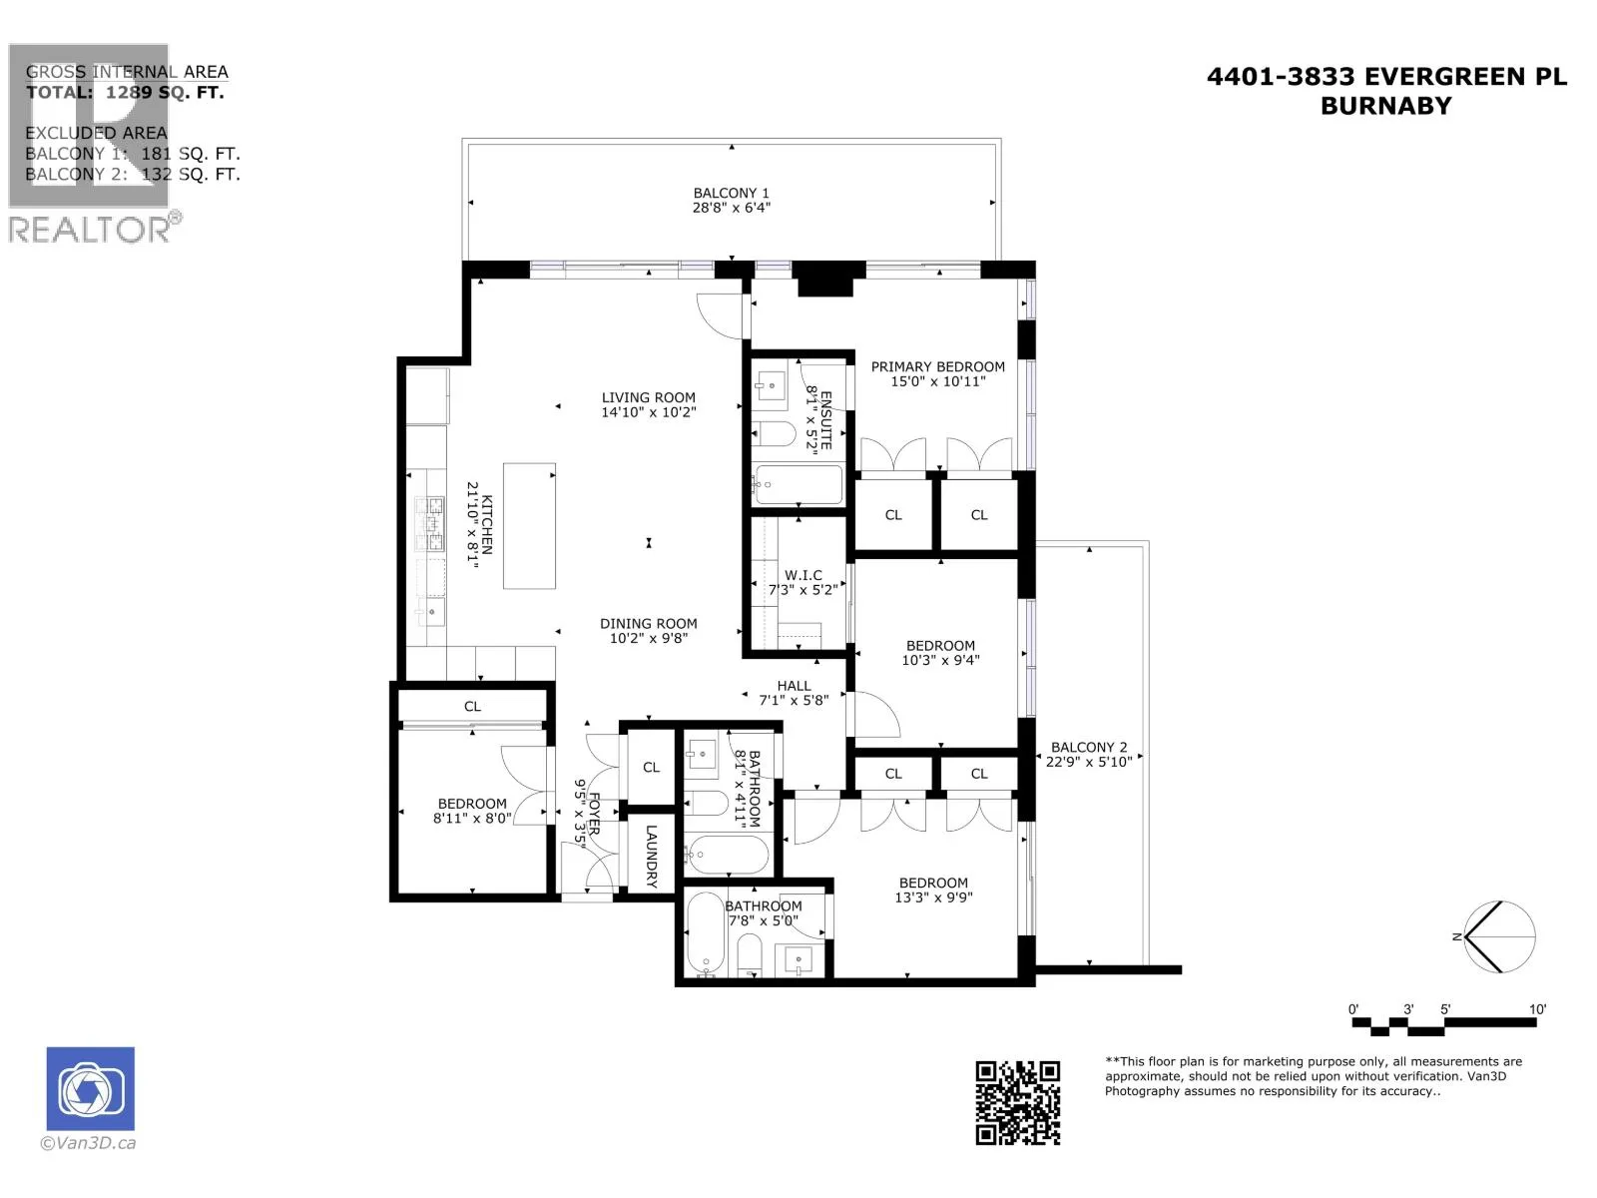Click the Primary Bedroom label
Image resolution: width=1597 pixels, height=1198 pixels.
click(937, 366)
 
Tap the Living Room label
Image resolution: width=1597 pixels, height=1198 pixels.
click(648, 397)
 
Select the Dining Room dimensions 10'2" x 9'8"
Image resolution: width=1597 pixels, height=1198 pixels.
click(648, 638)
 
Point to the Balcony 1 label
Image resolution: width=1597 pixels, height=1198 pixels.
click(731, 193)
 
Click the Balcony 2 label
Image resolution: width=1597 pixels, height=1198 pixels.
click(1088, 747)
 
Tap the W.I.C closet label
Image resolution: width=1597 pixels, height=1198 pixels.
click(802, 575)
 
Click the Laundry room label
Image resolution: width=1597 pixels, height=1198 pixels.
click(651, 856)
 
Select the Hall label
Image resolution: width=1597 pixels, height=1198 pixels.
click(794, 685)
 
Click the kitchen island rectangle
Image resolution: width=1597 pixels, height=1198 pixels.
click(529, 525)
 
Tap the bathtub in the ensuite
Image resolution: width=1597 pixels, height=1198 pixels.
click(798, 484)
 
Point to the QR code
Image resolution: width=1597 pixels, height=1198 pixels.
click(1017, 1103)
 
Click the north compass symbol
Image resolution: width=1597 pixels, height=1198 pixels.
click(1498, 936)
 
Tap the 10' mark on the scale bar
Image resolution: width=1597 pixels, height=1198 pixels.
click(1536, 1009)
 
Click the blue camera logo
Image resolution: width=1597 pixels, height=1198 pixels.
click(90, 1088)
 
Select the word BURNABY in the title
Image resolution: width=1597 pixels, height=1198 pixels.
click(1385, 106)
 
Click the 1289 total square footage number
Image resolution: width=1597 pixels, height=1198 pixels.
click(129, 93)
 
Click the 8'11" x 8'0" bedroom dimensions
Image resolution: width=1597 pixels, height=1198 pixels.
click(471, 818)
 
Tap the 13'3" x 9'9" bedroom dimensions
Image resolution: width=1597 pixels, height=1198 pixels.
click(932, 897)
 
